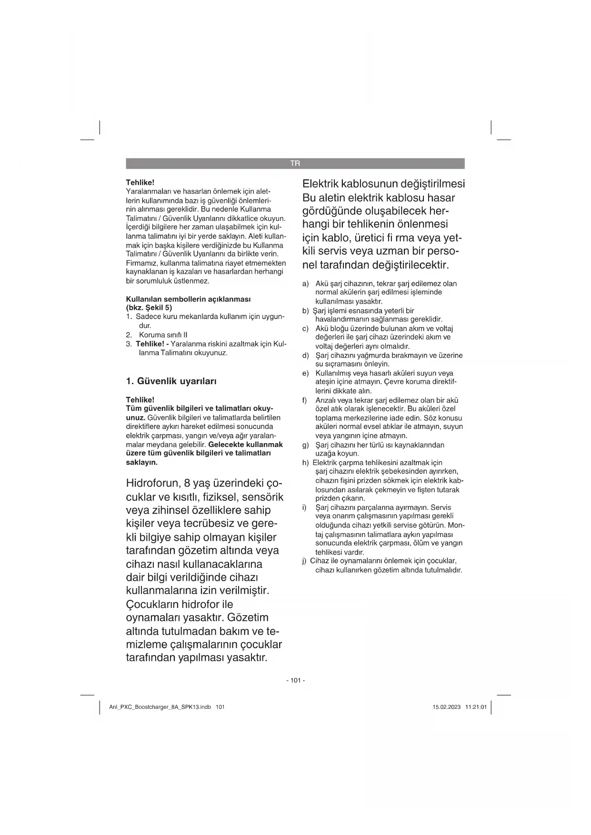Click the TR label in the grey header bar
295,164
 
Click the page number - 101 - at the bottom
295,680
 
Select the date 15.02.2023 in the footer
446,707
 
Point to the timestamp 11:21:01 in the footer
476,707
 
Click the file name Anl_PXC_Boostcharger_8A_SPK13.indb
160,707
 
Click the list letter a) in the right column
305,284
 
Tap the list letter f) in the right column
305,400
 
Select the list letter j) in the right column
305,561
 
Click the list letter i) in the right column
304,507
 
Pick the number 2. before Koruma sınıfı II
129,335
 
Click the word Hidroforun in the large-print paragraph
152,484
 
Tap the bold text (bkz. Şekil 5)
149,308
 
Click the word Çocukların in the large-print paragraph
152,605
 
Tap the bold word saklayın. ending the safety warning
141,462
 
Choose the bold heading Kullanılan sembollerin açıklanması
188,299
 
